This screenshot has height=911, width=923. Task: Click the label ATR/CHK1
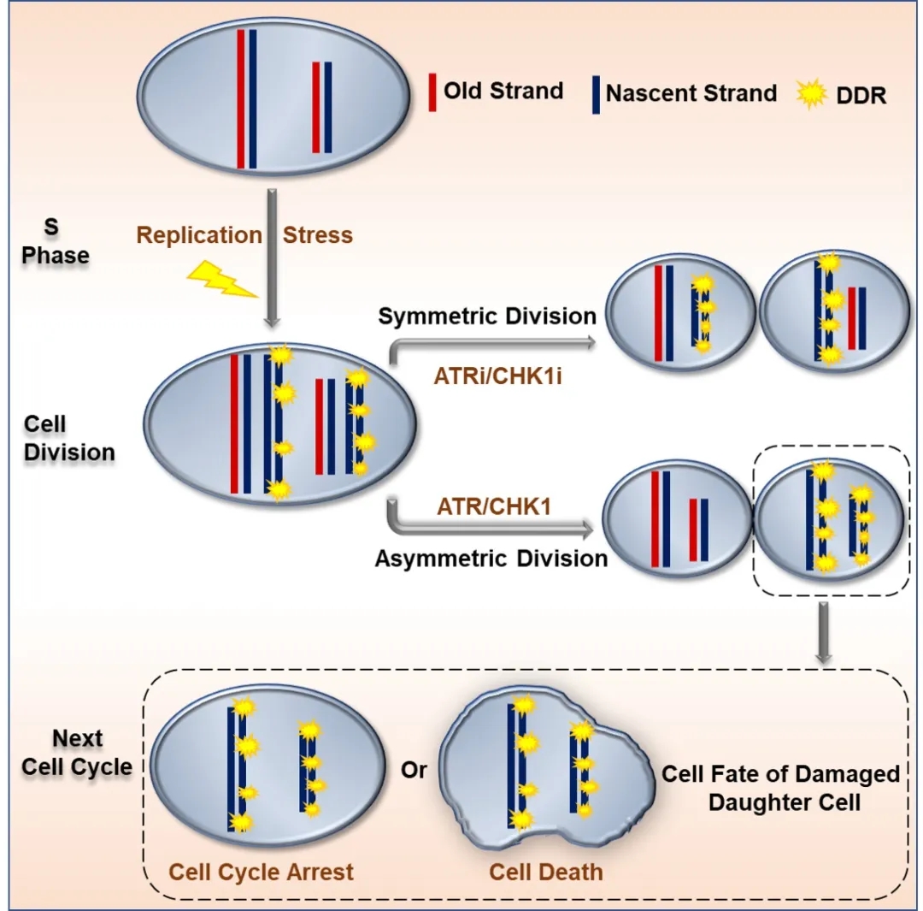(493, 508)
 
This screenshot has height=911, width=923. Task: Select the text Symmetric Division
(487, 316)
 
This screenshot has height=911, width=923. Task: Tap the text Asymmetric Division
(491, 559)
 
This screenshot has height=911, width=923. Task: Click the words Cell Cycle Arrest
(261, 873)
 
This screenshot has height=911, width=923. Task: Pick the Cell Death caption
(546, 873)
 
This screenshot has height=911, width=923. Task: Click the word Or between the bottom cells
(414, 771)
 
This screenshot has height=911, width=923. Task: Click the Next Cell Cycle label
(77, 752)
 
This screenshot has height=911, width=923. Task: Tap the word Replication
(199, 235)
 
